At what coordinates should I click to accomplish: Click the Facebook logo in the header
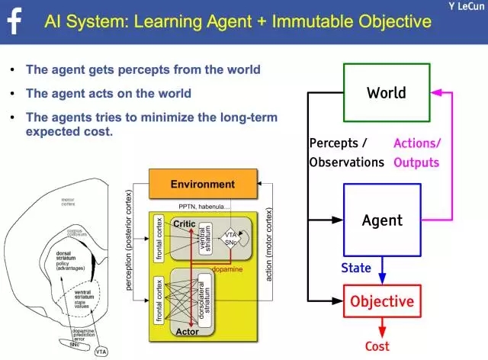tap(14, 21)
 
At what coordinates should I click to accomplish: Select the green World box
tap(387, 93)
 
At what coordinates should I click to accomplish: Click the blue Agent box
tap(382, 220)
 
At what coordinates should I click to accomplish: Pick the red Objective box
tap(382, 301)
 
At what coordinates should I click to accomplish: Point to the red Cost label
tap(377, 346)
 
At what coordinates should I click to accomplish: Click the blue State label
tap(356, 268)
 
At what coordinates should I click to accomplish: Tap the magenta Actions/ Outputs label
tap(417, 153)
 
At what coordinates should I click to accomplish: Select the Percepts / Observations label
tap(347, 153)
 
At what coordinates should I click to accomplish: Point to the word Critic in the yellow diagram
tap(186, 223)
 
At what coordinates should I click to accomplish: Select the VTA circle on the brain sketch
tap(101, 352)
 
